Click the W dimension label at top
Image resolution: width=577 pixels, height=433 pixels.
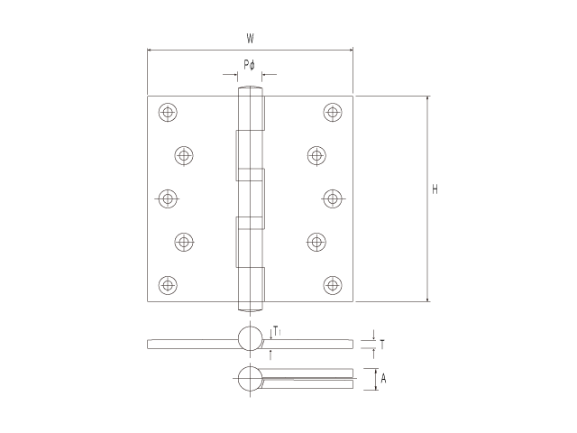pyautogui.click(x=251, y=38)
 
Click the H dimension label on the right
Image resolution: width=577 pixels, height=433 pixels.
pyautogui.click(x=435, y=189)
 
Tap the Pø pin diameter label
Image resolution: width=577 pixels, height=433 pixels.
pyautogui.click(x=249, y=65)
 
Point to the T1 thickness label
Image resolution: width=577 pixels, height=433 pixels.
pyautogui.click(x=278, y=330)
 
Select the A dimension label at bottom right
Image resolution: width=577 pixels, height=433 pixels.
pyautogui.click(x=383, y=378)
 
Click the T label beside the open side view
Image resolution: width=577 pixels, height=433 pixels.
pyautogui.click(x=382, y=345)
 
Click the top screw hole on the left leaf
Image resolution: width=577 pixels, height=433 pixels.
pyautogui.click(x=168, y=112)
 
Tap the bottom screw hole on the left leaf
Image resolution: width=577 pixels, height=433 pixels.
pyautogui.click(x=168, y=285)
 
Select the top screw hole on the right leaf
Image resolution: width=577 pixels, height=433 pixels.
pyautogui.click(x=333, y=112)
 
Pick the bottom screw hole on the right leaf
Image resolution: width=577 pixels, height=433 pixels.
pyautogui.click(x=333, y=285)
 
